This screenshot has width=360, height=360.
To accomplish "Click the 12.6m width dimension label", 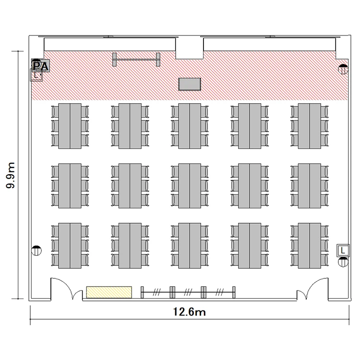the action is (x=189, y=312).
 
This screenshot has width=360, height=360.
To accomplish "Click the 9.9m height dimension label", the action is (x=11, y=175).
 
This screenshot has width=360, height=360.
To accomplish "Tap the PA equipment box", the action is (x=41, y=65).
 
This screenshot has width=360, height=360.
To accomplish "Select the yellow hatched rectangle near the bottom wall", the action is (x=109, y=292).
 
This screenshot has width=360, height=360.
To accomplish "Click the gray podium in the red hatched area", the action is (x=190, y=84).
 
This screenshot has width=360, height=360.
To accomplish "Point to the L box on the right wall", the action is (x=343, y=251).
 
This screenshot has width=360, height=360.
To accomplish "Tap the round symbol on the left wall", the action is (x=36, y=251).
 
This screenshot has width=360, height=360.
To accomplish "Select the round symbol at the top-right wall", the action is (x=343, y=69).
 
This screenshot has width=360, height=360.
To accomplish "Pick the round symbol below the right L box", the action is (x=343, y=262).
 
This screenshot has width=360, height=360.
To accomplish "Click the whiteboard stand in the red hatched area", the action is (x=136, y=60).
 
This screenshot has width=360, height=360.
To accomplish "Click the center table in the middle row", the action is (x=190, y=186).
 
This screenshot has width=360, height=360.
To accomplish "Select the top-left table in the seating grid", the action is (x=70, y=126).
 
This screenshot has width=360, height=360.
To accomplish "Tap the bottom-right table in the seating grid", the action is (x=310, y=245).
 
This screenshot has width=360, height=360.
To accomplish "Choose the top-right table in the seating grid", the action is (x=310, y=126).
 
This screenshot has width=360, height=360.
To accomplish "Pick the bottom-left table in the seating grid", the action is (x=70, y=245).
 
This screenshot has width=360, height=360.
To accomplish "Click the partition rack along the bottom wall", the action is (x=188, y=292).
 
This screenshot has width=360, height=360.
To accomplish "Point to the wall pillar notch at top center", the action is (x=190, y=48).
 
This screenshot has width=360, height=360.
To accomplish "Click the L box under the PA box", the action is (x=36, y=75).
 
